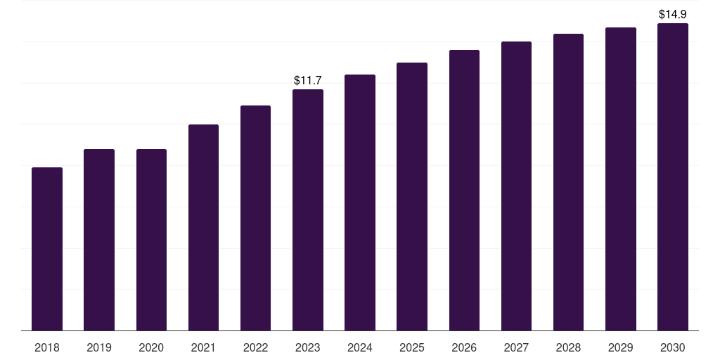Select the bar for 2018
point(47,249)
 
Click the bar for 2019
point(99,240)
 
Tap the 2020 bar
point(152,240)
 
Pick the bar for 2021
point(203,227)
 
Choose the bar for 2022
point(255,218)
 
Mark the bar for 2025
point(412,197)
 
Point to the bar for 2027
point(516,186)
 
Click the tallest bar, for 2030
point(673,176)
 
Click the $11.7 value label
point(308,80)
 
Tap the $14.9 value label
point(673,14)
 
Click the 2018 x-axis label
point(47,347)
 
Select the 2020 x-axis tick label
point(152,347)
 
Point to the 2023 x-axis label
point(308,347)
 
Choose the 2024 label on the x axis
point(360,347)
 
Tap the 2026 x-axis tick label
point(464,347)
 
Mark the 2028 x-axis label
point(568,347)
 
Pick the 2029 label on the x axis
point(621,347)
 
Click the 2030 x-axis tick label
point(673,347)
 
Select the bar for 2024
point(360,202)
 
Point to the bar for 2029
point(621,179)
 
